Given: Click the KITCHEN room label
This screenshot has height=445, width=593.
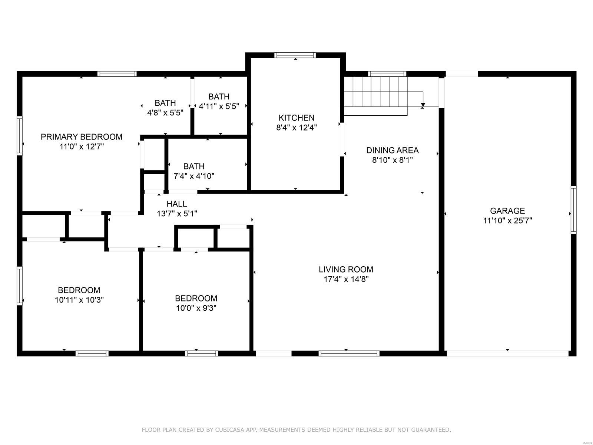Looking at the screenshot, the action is click(296, 118).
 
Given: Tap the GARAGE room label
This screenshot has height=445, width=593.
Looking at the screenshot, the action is click(507, 211).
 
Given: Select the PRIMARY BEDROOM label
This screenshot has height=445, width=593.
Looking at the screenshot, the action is click(81, 137).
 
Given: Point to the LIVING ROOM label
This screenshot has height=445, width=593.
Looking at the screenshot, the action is click(346, 269).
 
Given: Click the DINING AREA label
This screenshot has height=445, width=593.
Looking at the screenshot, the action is click(392, 150).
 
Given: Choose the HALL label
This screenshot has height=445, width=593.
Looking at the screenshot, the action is click(177, 204).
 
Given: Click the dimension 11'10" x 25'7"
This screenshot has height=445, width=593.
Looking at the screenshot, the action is click(507, 221).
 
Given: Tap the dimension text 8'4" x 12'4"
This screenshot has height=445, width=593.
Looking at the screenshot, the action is click(296, 128).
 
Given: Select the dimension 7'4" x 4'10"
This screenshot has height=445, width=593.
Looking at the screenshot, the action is click(194, 176).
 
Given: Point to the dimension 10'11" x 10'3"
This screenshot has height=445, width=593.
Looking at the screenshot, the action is click(79, 300).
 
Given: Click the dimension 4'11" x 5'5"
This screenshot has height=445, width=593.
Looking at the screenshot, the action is click(219, 106).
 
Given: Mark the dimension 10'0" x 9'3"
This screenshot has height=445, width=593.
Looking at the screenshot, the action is click(196, 308).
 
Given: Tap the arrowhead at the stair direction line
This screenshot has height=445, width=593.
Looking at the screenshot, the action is click(423, 105).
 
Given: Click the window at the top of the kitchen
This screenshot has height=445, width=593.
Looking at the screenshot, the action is click(295, 55).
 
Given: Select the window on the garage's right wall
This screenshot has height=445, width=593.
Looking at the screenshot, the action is click(573, 210).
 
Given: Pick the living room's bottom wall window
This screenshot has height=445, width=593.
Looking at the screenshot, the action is click(349, 353).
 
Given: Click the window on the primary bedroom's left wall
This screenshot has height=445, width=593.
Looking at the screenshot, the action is click(19, 136).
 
